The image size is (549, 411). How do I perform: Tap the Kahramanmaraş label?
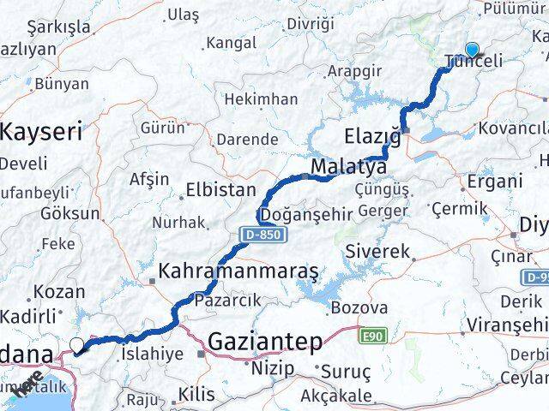[x=238, y=272]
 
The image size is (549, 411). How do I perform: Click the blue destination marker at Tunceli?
[x=471, y=50]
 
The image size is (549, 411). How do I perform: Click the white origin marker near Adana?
[x=77, y=345]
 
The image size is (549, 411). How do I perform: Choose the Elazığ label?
[x=372, y=136]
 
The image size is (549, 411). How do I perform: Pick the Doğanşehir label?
[x=306, y=213]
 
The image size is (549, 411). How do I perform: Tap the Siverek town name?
[x=379, y=252]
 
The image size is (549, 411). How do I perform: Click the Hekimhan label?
[x=261, y=99]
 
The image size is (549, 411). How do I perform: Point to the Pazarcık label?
[x=226, y=301]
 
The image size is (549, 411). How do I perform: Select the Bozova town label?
[x=359, y=307]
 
